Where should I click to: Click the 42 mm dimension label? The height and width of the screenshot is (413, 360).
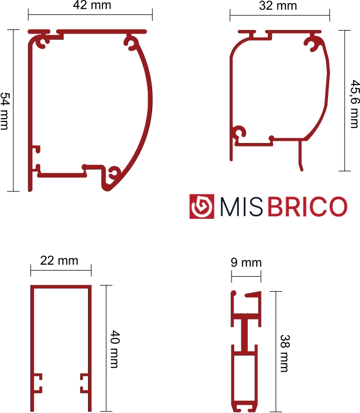pyautogui.click(x=92, y=5)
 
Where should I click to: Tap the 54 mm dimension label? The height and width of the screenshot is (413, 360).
pyautogui.click(x=5, y=111)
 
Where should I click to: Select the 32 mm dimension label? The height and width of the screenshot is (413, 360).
pyautogui.click(x=278, y=6)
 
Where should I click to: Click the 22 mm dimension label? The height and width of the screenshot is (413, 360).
pyautogui.click(x=59, y=261)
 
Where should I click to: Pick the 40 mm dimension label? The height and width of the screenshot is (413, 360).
pyautogui.click(x=114, y=349)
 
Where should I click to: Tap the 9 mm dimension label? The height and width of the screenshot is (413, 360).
pyautogui.click(x=246, y=263)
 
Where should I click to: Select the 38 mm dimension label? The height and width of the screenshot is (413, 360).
pyautogui.click(x=285, y=353)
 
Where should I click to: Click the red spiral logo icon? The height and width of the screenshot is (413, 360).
pyautogui.click(x=202, y=206)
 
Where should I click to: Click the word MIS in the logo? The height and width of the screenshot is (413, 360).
pyautogui.click(x=241, y=207)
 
